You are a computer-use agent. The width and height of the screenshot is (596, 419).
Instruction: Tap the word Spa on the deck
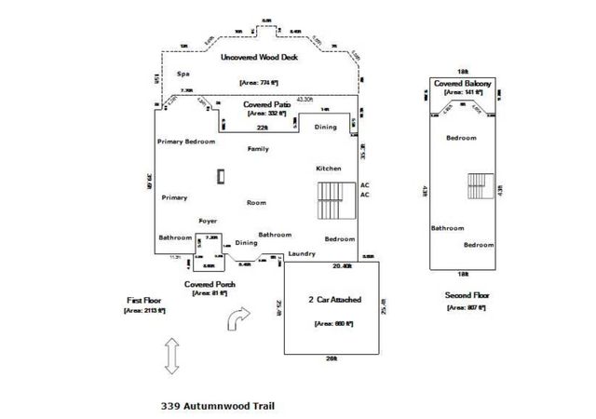[x=184, y=74]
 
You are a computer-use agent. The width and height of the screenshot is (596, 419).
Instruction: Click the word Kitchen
[x=329, y=168]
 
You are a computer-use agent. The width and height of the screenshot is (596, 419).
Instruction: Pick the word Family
[x=258, y=148]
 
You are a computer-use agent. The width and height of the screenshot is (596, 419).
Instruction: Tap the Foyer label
[x=209, y=221]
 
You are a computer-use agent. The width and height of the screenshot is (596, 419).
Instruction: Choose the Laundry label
[x=302, y=253]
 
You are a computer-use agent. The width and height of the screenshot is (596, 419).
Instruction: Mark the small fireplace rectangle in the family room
[x=221, y=176]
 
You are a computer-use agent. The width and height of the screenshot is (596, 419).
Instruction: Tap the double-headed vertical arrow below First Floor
[x=171, y=356]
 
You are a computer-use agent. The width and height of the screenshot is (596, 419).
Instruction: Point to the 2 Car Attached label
[x=333, y=300]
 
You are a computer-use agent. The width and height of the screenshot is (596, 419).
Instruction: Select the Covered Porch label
[x=209, y=283]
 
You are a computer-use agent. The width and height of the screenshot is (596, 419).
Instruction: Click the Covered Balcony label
[x=463, y=83]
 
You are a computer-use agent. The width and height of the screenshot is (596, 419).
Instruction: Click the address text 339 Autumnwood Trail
[x=218, y=406]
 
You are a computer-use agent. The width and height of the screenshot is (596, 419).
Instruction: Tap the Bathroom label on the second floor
[x=448, y=228]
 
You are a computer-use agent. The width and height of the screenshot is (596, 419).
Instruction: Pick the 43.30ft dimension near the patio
[x=305, y=100]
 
